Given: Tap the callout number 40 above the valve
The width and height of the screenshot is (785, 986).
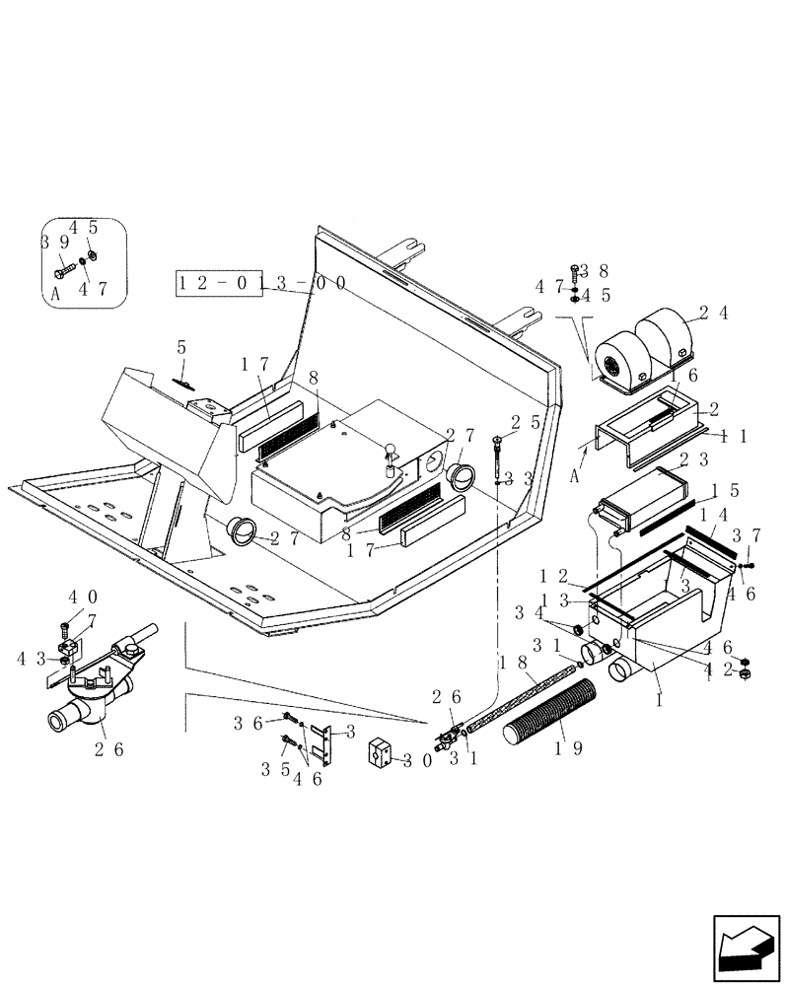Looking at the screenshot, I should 82,597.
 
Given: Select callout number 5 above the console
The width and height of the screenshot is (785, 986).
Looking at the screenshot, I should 181,347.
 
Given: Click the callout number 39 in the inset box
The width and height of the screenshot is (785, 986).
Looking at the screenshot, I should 53,242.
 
